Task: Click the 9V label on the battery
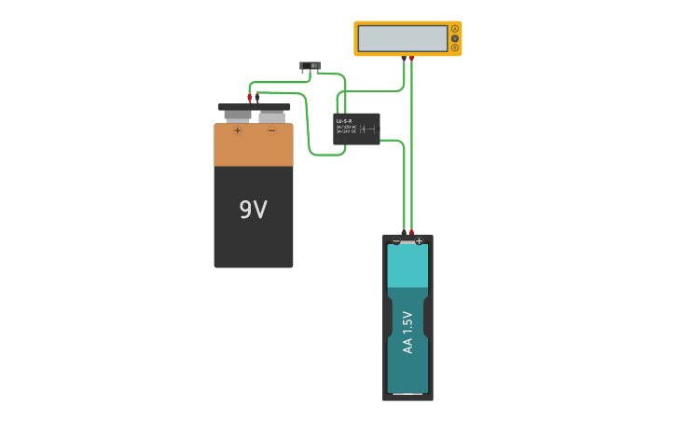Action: (253, 210)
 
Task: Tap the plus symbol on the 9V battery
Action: (237, 131)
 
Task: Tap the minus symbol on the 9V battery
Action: (271, 131)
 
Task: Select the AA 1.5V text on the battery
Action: (407, 332)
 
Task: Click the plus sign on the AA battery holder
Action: (419, 241)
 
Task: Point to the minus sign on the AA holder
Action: (396, 241)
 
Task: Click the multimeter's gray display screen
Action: (403, 38)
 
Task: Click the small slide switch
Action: (310, 66)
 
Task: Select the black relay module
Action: (356, 129)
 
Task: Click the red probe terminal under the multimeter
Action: (411, 59)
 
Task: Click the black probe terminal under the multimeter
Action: (404, 59)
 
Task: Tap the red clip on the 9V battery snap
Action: (249, 97)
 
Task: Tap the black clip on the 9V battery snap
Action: (257, 96)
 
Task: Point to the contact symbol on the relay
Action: (366, 129)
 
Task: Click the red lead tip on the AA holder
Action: (411, 232)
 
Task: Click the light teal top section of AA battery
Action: (407, 265)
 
